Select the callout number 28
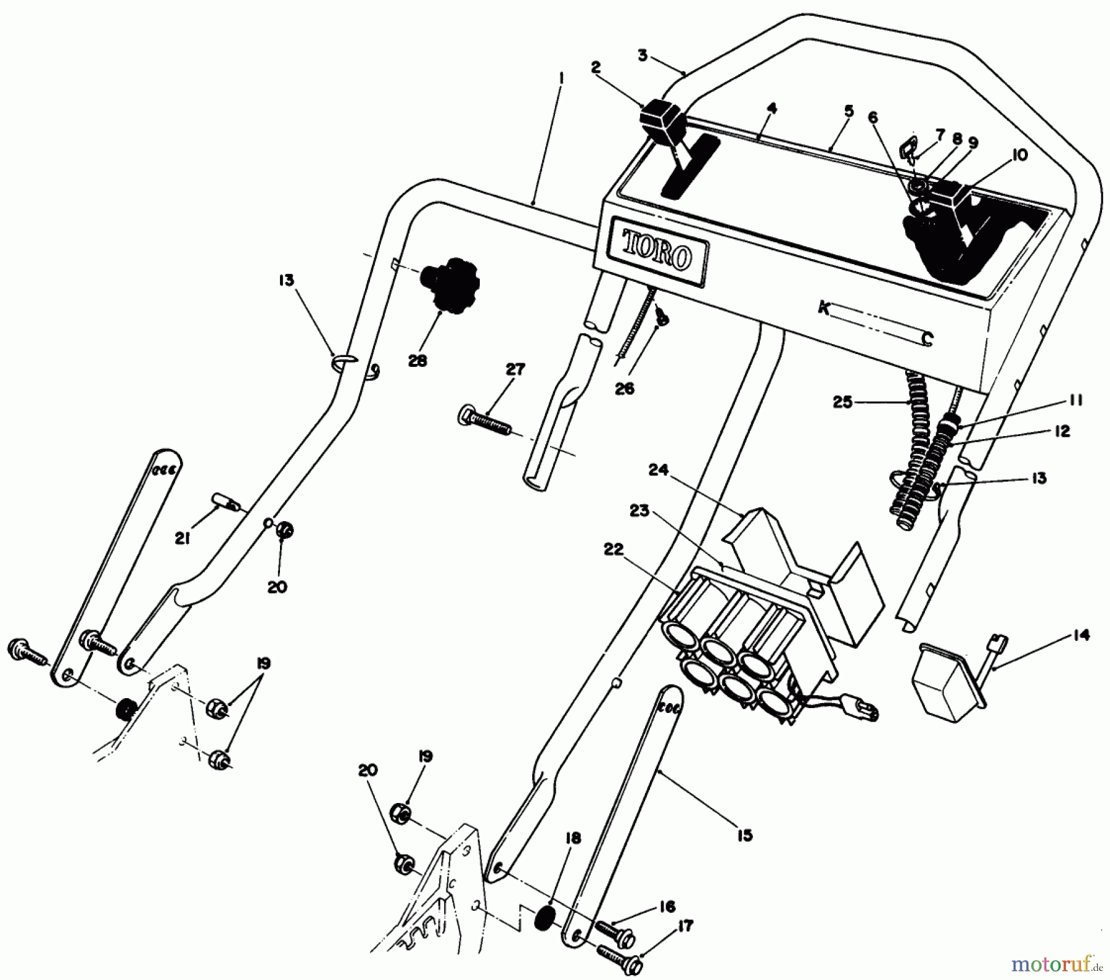tap(417, 361)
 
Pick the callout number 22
tap(614, 549)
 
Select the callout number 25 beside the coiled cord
tap(843, 402)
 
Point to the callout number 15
tap(744, 835)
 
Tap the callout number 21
tap(182, 538)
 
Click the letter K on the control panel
tap(823, 308)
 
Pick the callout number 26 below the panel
tap(625, 390)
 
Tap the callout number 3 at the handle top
tap(643, 56)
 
